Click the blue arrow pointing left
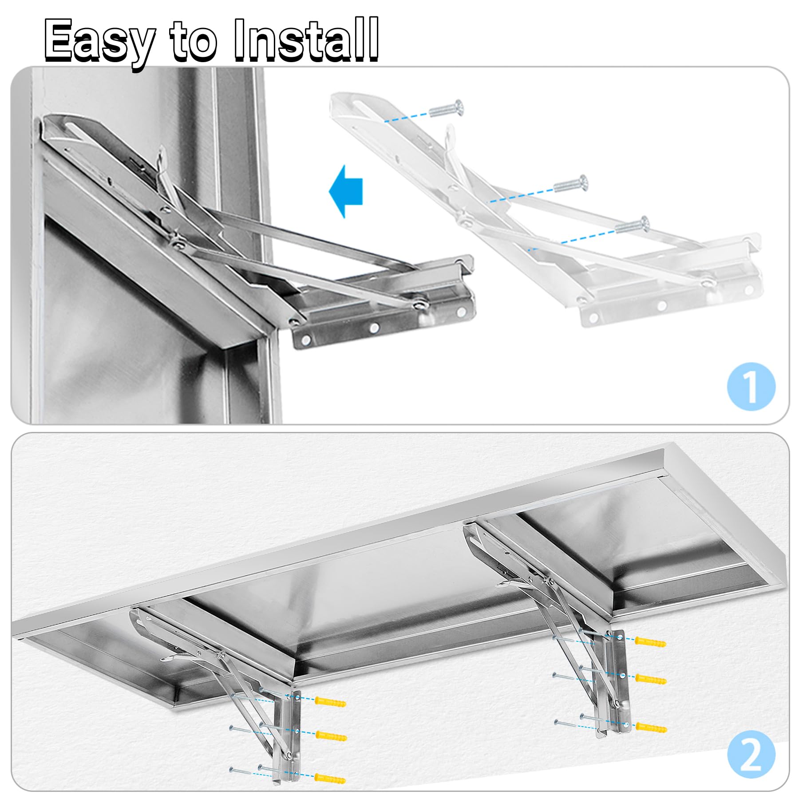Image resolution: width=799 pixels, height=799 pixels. [x=346, y=191]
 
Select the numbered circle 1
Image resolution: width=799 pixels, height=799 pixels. [x=751, y=386]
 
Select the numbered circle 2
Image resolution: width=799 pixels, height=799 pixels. [x=751, y=754]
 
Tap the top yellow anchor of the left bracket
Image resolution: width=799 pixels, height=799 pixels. [x=330, y=702]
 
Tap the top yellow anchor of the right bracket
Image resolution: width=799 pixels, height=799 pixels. [x=650, y=642]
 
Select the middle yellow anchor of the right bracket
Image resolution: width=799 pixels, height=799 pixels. [x=651, y=679]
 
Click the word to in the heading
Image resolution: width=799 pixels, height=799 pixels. [x=194, y=42]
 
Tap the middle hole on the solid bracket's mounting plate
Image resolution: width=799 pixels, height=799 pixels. [x=374, y=328]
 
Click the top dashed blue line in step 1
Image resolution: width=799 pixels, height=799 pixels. [x=407, y=117]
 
